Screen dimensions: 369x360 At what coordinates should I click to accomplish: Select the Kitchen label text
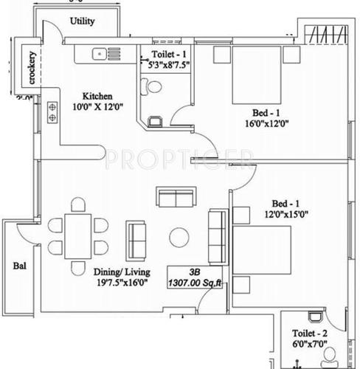97,96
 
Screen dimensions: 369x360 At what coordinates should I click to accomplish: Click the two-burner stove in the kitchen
53,111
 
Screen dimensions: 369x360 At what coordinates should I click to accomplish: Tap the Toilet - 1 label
169,54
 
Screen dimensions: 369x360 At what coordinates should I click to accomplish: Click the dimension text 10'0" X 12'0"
100,107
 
